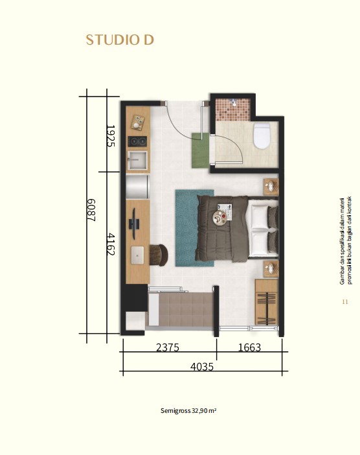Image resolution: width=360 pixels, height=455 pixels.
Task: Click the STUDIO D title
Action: coord(120,40)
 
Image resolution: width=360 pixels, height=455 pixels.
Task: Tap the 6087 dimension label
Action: coord(91,210)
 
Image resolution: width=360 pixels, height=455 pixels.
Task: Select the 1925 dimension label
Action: coord(111,136)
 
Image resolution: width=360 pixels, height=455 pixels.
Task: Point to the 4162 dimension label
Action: coord(111,244)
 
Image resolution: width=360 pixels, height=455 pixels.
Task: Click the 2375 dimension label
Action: coord(168,347)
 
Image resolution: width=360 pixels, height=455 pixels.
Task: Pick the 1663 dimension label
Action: coord(249,347)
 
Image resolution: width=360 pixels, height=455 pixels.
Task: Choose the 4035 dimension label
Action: coord(202,367)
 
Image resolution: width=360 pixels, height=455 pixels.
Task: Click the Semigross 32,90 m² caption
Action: coord(188,411)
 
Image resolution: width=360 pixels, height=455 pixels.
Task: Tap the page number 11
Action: coord(345,302)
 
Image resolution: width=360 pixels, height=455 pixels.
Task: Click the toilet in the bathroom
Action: coord(262,136)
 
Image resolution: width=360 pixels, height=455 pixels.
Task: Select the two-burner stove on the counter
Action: coord(137,141)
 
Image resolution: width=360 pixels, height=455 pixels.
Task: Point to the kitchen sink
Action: coord(138,160)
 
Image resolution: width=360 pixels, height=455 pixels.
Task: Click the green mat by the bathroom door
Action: coord(200,150)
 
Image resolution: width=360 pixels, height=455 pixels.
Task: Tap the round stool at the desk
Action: coord(159,255)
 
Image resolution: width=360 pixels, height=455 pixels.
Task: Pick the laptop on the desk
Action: coord(137,255)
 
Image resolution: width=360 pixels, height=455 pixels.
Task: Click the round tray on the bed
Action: coord(220,218)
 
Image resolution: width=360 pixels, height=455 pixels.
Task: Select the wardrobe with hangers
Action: coord(266,302)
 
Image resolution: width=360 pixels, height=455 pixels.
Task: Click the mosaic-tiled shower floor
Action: coord(232,110)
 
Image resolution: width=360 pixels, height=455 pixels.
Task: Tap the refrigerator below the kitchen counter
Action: coord(137,186)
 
